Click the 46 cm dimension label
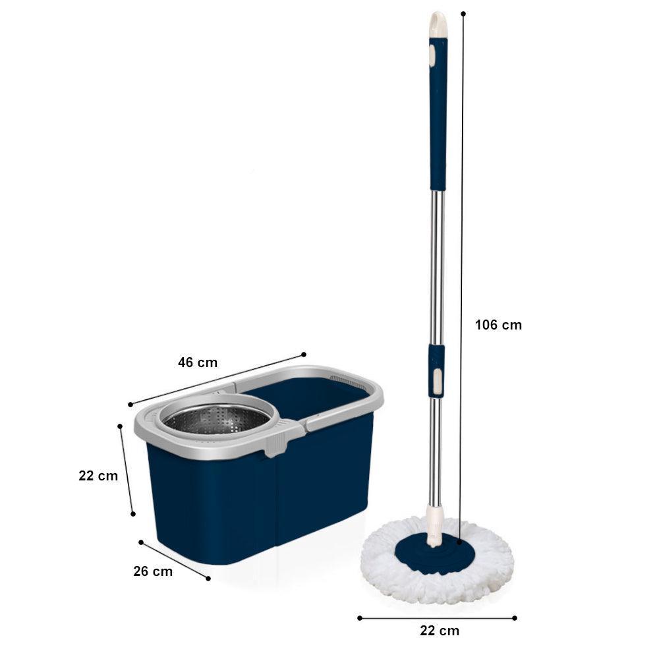point(198,362)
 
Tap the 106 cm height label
point(498,325)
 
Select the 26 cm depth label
point(153,571)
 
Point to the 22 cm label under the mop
point(440,631)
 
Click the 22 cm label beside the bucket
point(98,476)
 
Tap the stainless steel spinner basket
point(216,419)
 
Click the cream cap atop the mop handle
point(438,24)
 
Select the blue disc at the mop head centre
point(436,552)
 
